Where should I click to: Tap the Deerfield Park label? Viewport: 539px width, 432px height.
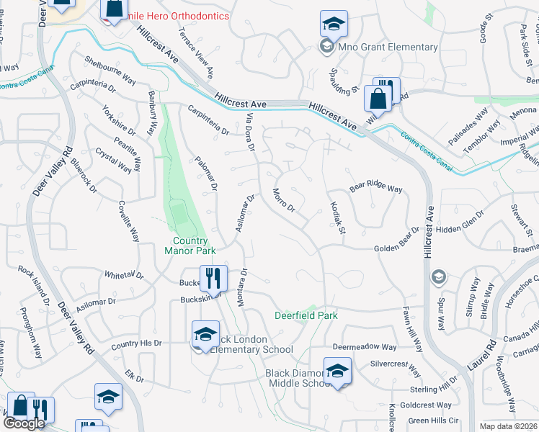[306, 315]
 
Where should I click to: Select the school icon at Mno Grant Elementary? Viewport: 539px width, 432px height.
[334, 24]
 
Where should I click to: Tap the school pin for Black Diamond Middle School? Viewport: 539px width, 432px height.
[337, 371]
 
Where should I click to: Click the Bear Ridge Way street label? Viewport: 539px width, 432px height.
[375, 188]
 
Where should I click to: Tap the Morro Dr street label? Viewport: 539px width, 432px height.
[284, 201]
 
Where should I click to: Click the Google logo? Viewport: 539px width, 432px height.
[24, 423]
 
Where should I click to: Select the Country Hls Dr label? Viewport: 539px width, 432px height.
[136, 345]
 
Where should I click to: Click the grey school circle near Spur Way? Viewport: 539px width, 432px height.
[437, 276]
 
